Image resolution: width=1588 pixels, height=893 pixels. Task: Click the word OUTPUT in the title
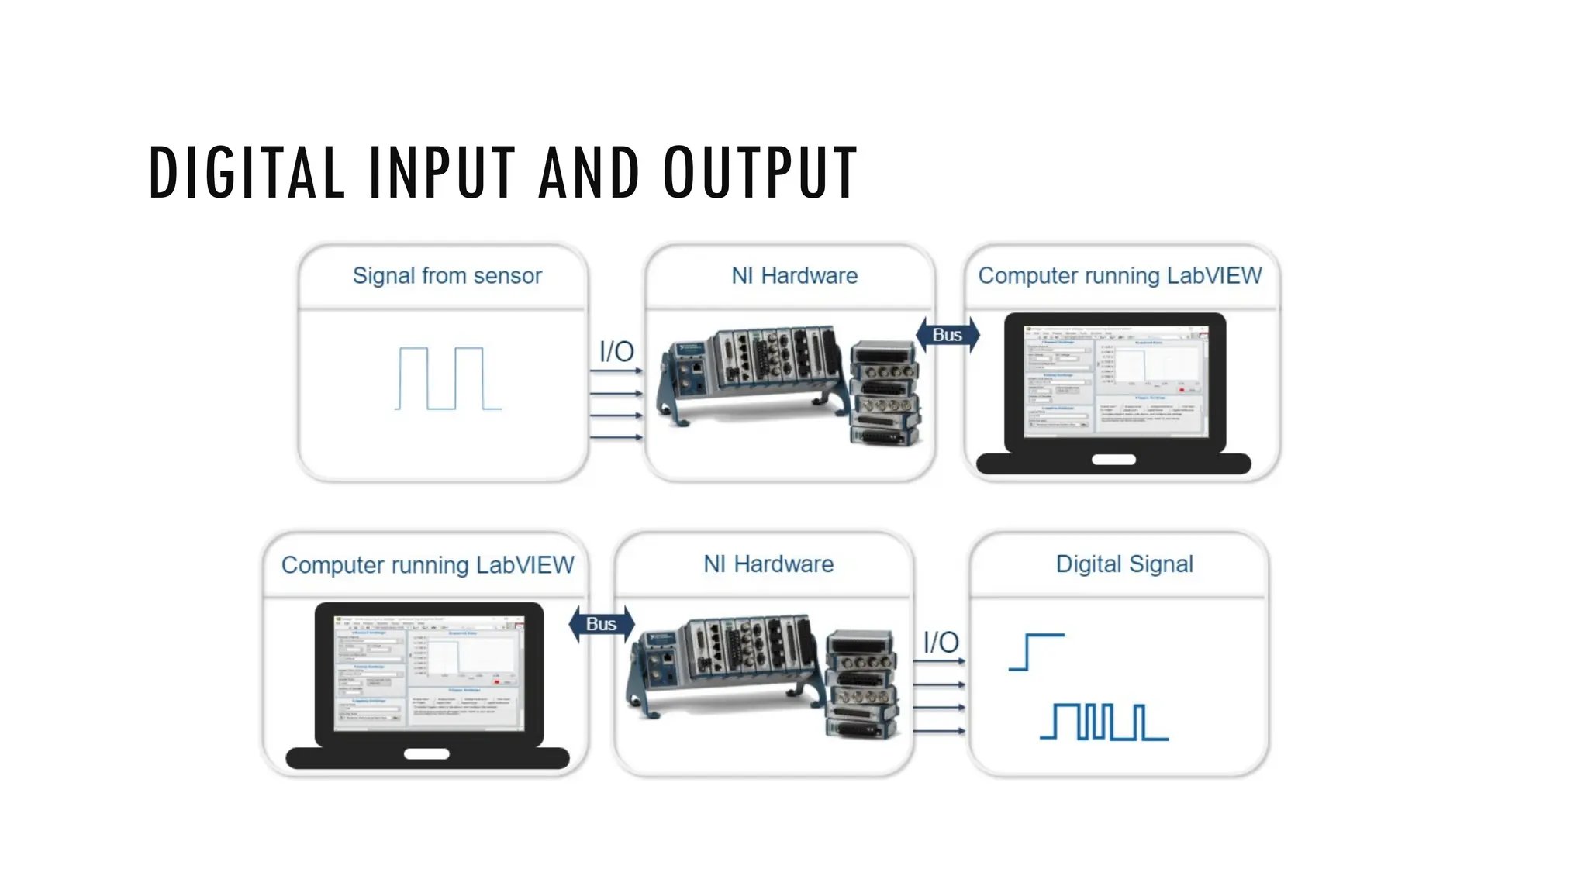tap(760, 172)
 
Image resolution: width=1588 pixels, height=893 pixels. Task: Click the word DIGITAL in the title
tap(247, 172)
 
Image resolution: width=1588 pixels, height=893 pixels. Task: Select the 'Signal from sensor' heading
tap(447, 276)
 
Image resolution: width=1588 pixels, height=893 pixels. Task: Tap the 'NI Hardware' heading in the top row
tap(794, 276)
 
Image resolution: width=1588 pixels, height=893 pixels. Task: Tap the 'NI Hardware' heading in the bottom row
tap(768, 564)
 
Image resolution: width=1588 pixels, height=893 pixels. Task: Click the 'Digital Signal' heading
tap(1124, 564)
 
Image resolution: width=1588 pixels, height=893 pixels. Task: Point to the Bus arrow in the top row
tap(948, 335)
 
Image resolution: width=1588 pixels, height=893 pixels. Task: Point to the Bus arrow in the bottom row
tap(602, 624)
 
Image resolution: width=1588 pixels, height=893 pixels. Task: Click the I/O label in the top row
tap(616, 352)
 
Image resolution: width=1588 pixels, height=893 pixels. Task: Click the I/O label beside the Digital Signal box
tap(941, 643)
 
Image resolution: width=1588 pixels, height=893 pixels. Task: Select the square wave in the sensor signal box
tap(448, 378)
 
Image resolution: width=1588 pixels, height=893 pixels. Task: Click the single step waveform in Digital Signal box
tap(1036, 652)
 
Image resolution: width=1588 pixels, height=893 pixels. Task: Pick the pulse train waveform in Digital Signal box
tap(1104, 722)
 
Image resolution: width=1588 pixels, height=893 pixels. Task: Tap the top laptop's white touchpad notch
tap(1113, 460)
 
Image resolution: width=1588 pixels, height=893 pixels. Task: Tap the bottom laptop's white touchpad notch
tap(426, 753)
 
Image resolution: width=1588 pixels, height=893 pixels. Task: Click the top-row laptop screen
tap(1115, 381)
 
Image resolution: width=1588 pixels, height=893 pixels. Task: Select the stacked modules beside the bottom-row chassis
tap(861, 684)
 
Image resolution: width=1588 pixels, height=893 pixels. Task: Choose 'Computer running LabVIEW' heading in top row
tap(1120, 276)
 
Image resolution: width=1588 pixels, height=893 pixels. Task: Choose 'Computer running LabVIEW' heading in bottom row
tap(427, 565)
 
